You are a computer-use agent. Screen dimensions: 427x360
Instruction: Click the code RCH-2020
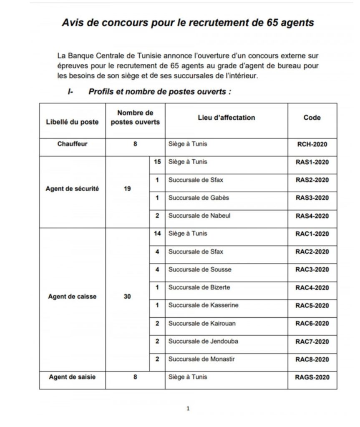pos(312,144)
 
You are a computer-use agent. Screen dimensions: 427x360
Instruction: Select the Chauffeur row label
pos(72,144)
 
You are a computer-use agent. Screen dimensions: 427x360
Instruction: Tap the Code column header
pos(312,118)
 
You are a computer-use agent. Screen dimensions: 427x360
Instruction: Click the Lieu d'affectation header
pos(226,118)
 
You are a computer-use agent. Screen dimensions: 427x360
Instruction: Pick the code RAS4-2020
pos(312,216)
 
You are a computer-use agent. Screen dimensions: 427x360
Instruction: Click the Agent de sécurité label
pos(72,188)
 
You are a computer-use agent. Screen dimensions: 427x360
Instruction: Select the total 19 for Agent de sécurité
pos(127,188)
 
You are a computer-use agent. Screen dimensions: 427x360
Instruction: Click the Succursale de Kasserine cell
pos(203,305)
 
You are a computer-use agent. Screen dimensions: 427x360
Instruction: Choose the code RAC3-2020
pos(312,269)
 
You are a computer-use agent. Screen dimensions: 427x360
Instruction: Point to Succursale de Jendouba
pos(203,341)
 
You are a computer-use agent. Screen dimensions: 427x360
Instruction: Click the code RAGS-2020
pos(312,377)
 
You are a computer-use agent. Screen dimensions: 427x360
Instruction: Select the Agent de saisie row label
pos(72,377)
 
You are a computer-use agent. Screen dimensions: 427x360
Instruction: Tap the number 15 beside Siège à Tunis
pos(157,162)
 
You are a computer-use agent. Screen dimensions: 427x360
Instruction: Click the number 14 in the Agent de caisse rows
pos(157,234)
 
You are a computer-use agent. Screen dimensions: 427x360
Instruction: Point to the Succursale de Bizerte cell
pos(199,287)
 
